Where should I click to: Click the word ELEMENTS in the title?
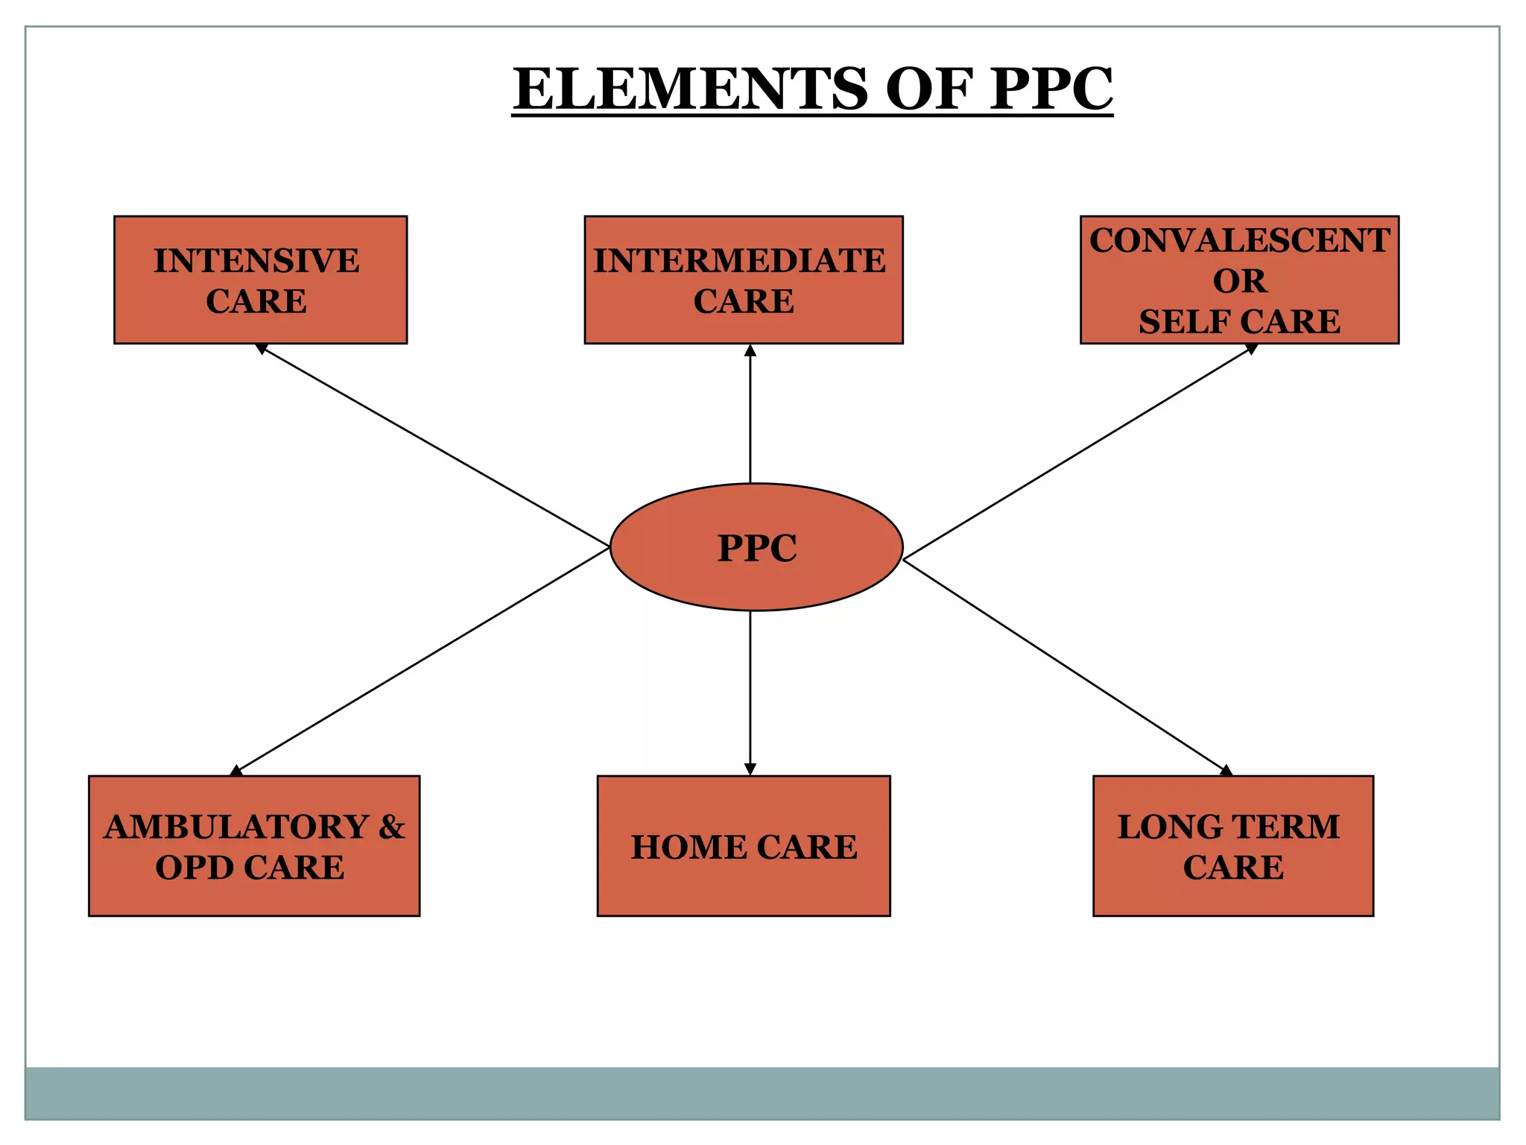point(690,89)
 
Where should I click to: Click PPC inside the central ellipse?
point(756,548)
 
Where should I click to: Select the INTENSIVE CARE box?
point(260,280)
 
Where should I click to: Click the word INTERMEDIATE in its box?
point(739,261)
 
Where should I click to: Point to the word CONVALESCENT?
point(1239,241)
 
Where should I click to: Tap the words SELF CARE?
point(1239,322)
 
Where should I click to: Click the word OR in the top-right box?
point(1239,282)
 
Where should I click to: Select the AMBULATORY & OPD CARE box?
point(254,845)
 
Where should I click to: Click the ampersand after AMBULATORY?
point(391,827)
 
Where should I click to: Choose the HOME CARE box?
point(744,845)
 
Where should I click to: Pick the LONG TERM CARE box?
point(1232,845)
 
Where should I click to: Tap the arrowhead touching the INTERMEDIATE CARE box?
point(750,350)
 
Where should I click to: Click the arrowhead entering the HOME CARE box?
point(750,769)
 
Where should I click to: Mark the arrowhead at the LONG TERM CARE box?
point(1226,771)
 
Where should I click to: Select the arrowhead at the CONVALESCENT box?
point(1251,348)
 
